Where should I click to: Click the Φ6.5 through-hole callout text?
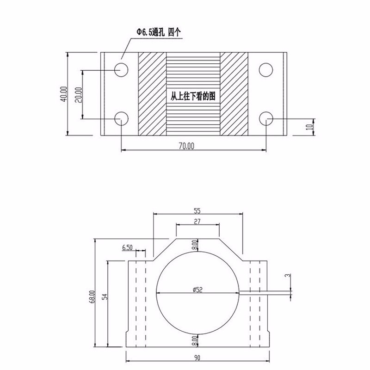(x=157, y=31)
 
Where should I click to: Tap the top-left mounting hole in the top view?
(x=121, y=70)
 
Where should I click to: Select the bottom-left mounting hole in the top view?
(x=121, y=119)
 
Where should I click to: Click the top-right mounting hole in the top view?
(x=266, y=70)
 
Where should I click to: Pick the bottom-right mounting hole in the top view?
(x=266, y=119)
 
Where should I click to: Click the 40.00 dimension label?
(x=64, y=94)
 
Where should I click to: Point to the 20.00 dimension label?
(x=78, y=94)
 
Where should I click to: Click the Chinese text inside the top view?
(x=193, y=96)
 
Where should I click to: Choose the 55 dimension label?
(x=197, y=210)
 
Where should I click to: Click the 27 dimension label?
(x=197, y=222)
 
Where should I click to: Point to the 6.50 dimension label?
(x=128, y=248)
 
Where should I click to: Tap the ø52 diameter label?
(x=197, y=290)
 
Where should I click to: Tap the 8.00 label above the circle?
(x=196, y=245)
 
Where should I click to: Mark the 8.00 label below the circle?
(x=196, y=341)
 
